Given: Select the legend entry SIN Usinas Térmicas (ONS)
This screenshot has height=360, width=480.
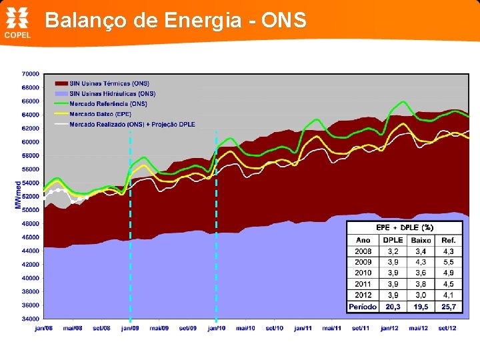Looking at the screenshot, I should [109, 83].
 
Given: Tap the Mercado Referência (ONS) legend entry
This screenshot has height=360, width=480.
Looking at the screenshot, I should [108, 104].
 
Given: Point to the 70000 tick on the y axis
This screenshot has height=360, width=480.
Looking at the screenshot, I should [30, 73].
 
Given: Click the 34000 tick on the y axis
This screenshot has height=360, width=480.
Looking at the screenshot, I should [30, 319].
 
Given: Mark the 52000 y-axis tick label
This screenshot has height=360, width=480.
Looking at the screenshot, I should [30, 196].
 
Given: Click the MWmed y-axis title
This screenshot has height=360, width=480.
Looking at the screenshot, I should [18, 195].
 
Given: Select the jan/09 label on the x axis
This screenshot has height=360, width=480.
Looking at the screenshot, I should [130, 328].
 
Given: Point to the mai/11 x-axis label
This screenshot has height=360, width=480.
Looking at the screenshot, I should [332, 328].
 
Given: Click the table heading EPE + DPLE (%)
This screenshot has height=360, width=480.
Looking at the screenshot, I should [405, 227].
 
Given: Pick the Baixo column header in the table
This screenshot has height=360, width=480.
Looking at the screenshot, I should [421, 240].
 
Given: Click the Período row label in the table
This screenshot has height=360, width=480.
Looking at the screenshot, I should [363, 307].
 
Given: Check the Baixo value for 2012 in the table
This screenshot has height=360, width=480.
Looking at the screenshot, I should [421, 295].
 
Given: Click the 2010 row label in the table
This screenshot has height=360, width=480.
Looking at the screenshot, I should [363, 273].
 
